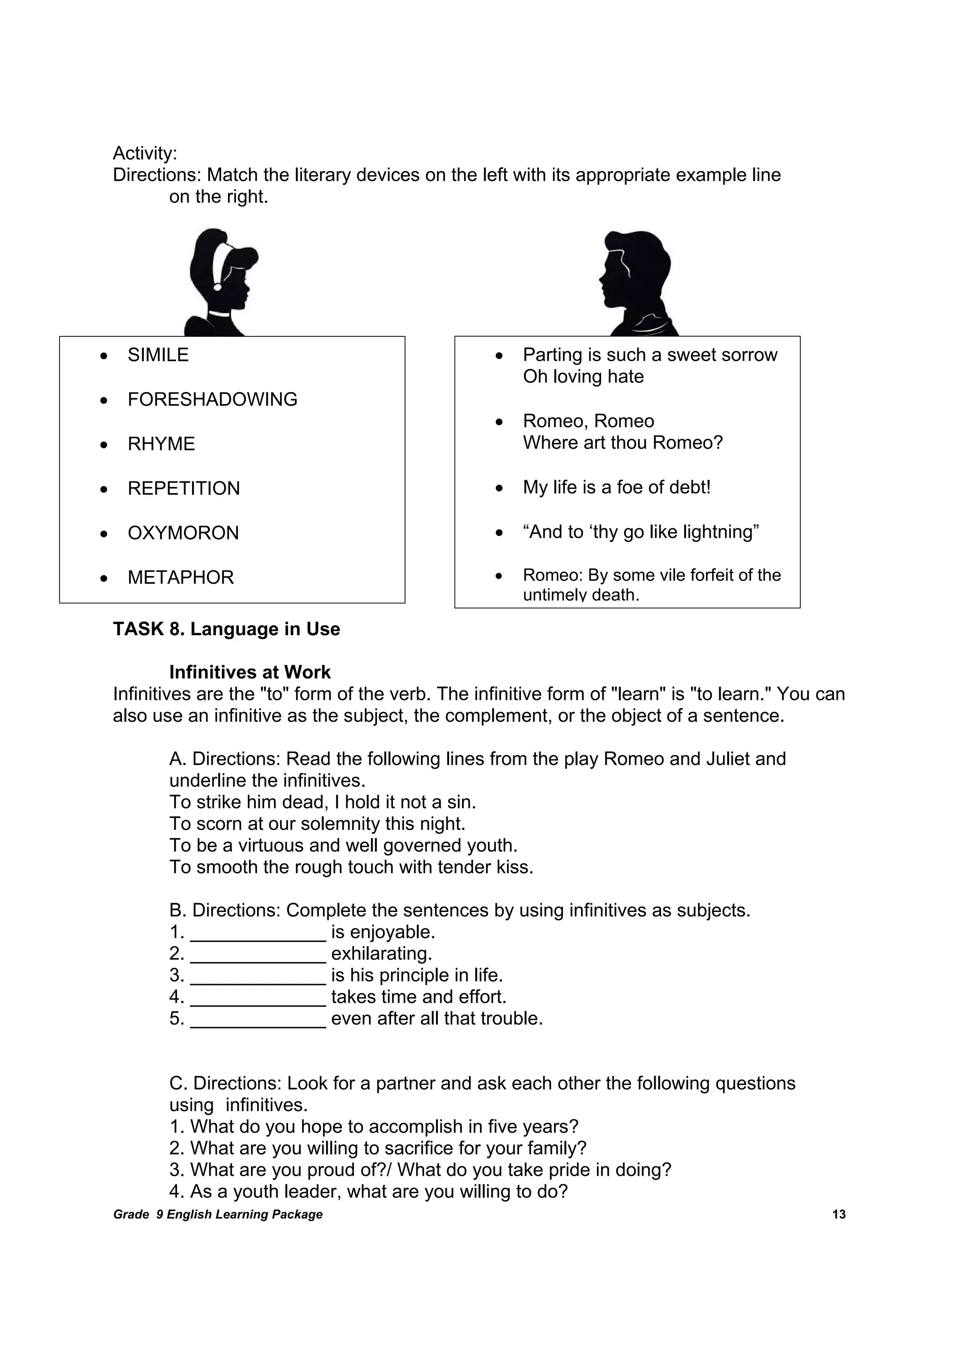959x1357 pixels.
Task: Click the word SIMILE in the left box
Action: (158, 355)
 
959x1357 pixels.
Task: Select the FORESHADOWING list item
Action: (212, 400)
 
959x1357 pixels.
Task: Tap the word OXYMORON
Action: (183, 533)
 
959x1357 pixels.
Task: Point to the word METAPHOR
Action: (181, 578)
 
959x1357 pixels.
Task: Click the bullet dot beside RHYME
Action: (104, 445)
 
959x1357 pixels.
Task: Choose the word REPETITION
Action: (184, 489)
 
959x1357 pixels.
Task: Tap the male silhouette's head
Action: (635, 269)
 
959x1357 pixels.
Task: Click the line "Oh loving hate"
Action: (583, 377)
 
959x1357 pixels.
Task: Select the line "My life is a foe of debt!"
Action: (616, 488)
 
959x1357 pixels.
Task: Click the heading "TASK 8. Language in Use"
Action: (226, 629)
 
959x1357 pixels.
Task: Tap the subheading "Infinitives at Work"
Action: (250, 672)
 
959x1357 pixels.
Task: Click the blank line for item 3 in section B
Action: (258, 976)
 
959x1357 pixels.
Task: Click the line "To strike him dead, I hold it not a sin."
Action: (323, 802)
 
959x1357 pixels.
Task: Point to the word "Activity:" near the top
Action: (145, 154)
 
